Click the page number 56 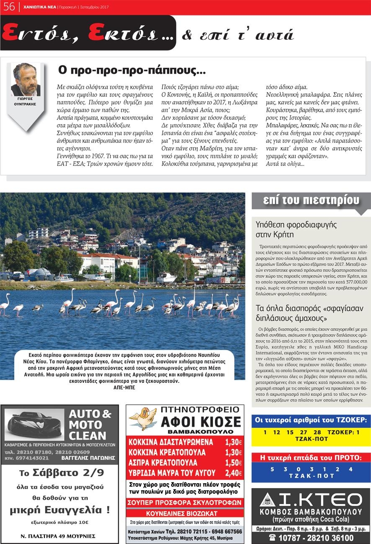(x=9, y=7)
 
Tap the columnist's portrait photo (x=26, y=80)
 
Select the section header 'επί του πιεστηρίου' (x=311, y=201)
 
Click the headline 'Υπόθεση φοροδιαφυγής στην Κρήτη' (x=296, y=229)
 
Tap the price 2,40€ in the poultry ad (x=234, y=473)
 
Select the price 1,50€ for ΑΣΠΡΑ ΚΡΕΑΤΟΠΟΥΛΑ (x=234, y=462)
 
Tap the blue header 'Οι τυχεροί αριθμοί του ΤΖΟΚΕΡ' (x=311, y=420)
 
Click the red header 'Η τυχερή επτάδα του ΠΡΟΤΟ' (x=311, y=457)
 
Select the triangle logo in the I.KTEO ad (x=267, y=500)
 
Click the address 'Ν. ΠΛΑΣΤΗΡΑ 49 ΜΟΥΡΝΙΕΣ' (x=58, y=536)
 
